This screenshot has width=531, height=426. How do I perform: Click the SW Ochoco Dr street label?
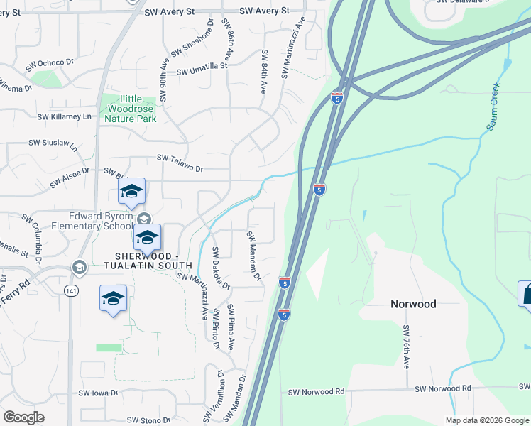50,65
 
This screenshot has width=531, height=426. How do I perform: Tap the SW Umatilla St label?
202,70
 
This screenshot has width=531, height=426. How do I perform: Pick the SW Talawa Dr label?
180,168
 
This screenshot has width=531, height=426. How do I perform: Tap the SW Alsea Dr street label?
70,177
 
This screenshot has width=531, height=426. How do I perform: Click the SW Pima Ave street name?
231,327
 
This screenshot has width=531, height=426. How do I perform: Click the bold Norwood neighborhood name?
413,304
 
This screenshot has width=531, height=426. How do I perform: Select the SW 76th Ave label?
407,347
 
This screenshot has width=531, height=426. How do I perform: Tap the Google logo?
23,417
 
